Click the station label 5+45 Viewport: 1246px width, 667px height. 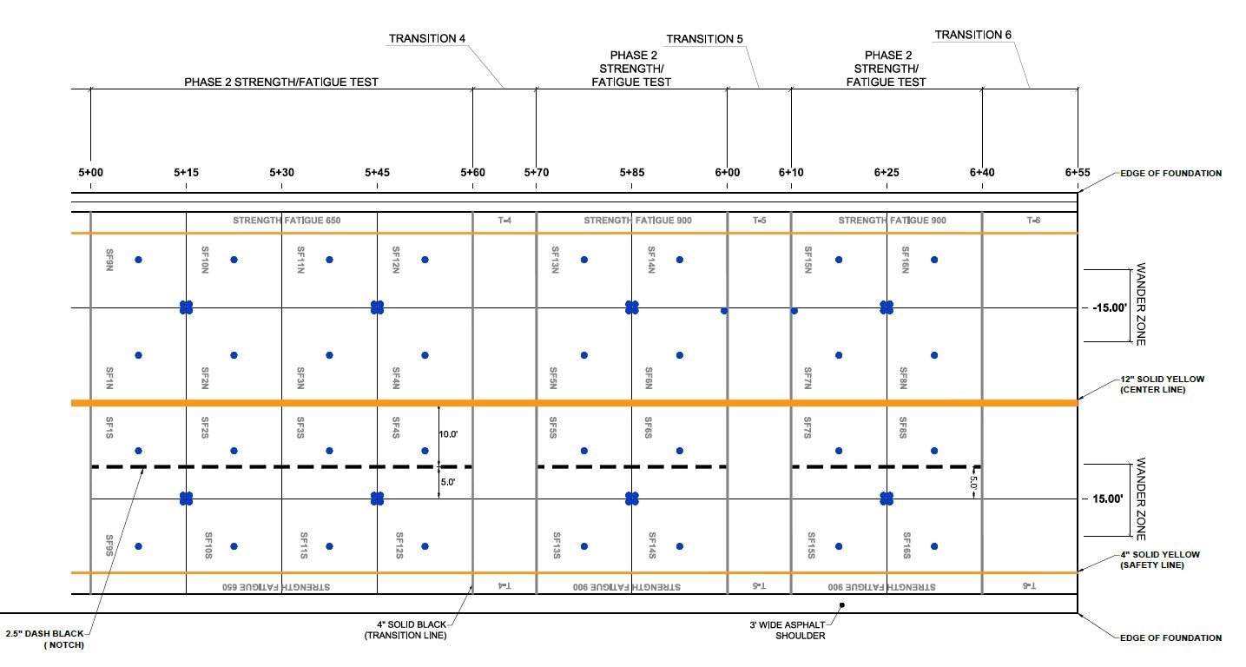pyautogui.click(x=377, y=173)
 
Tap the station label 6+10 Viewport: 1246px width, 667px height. pyautogui.click(x=791, y=173)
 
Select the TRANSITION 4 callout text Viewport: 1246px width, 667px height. pyautogui.click(x=426, y=38)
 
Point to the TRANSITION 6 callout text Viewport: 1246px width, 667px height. pyautogui.click(x=972, y=35)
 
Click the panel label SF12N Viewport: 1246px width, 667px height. pyautogui.click(x=396, y=260)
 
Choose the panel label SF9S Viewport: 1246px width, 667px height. pyautogui.click(x=109, y=545)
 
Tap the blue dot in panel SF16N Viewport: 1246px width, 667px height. pyautogui.click(x=934, y=260)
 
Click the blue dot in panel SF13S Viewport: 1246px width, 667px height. pyautogui.click(x=584, y=546)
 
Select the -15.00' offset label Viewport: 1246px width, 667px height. pyautogui.click(x=1110, y=307)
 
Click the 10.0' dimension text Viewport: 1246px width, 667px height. pyautogui.click(x=448, y=434)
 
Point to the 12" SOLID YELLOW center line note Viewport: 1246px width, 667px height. pyautogui.click(x=1162, y=384)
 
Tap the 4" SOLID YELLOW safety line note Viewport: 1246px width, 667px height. pyautogui.click(x=1160, y=559)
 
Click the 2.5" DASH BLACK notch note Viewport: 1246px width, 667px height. pyautogui.click(x=45, y=639)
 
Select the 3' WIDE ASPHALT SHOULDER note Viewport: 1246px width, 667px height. pyautogui.click(x=787, y=631)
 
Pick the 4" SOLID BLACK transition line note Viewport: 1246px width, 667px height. pyautogui.click(x=405, y=630)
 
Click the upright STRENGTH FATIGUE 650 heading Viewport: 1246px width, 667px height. pyautogui.click(x=287, y=221)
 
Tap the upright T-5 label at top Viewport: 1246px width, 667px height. pyautogui.click(x=759, y=221)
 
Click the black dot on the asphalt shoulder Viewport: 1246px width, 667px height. pyautogui.click(x=842, y=605)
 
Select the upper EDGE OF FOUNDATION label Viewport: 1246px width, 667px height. pyautogui.click(x=1171, y=174)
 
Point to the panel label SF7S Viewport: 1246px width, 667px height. pyautogui.click(x=808, y=427)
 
